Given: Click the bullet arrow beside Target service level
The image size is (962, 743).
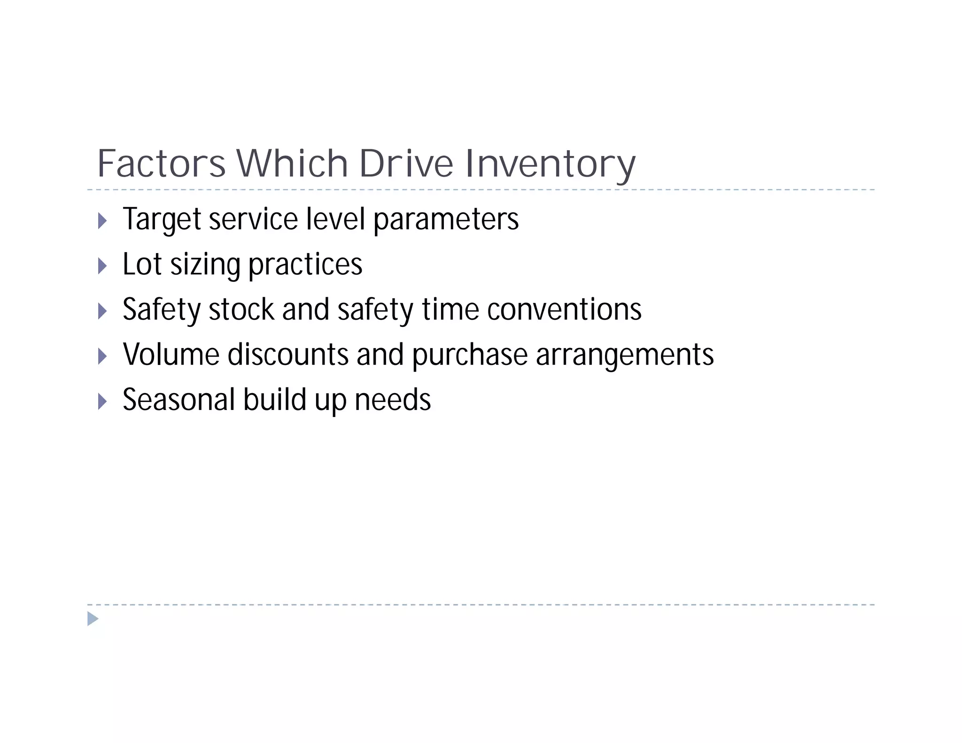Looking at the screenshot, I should click(x=102, y=220).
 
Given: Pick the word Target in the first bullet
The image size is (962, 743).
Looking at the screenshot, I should click(x=162, y=219).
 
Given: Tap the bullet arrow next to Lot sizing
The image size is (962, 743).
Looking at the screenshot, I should click(x=102, y=266).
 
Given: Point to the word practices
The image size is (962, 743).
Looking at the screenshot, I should click(x=305, y=265).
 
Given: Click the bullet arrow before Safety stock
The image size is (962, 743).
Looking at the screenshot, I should click(x=102, y=311).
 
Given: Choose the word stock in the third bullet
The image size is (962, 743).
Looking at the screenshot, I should click(x=241, y=310).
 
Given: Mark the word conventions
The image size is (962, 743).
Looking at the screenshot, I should click(x=564, y=310).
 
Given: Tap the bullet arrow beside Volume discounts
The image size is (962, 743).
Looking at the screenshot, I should click(x=102, y=356).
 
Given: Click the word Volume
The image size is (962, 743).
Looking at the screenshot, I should click(x=171, y=355).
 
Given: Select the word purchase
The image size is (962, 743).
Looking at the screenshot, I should click(x=470, y=356).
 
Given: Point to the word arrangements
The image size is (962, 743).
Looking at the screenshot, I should click(x=625, y=356).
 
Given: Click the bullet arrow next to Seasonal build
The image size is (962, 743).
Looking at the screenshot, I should click(x=102, y=401).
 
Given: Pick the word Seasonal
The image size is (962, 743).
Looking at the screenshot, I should click(x=178, y=400).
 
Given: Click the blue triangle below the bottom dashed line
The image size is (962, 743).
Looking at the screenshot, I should click(x=93, y=619).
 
